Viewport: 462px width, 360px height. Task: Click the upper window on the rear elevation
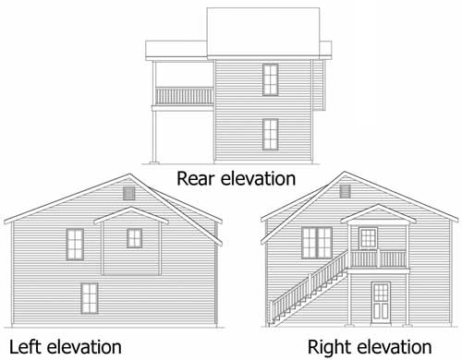pos(270,80)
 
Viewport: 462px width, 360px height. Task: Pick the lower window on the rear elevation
pos(270,135)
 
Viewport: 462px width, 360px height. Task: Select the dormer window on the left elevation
pos(135,238)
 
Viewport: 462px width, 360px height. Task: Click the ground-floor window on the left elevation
pos(90,298)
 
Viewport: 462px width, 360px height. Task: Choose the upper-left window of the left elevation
pos(76,244)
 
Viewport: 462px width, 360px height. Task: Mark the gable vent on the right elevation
pos(346,193)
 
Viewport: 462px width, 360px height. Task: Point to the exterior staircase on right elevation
pos(310,288)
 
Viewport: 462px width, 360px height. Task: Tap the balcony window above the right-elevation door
pos(368,238)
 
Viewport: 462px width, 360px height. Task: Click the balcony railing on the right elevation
pos(380,258)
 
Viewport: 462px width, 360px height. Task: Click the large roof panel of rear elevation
pos(263,28)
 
